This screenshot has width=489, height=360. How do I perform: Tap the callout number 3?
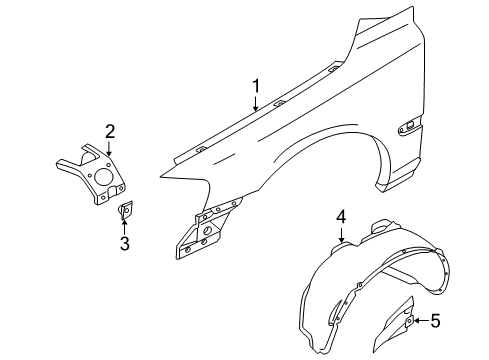click(x=124, y=244)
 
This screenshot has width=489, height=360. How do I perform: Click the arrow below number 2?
click(x=110, y=149)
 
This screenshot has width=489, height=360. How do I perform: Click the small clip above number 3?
click(x=125, y=211)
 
